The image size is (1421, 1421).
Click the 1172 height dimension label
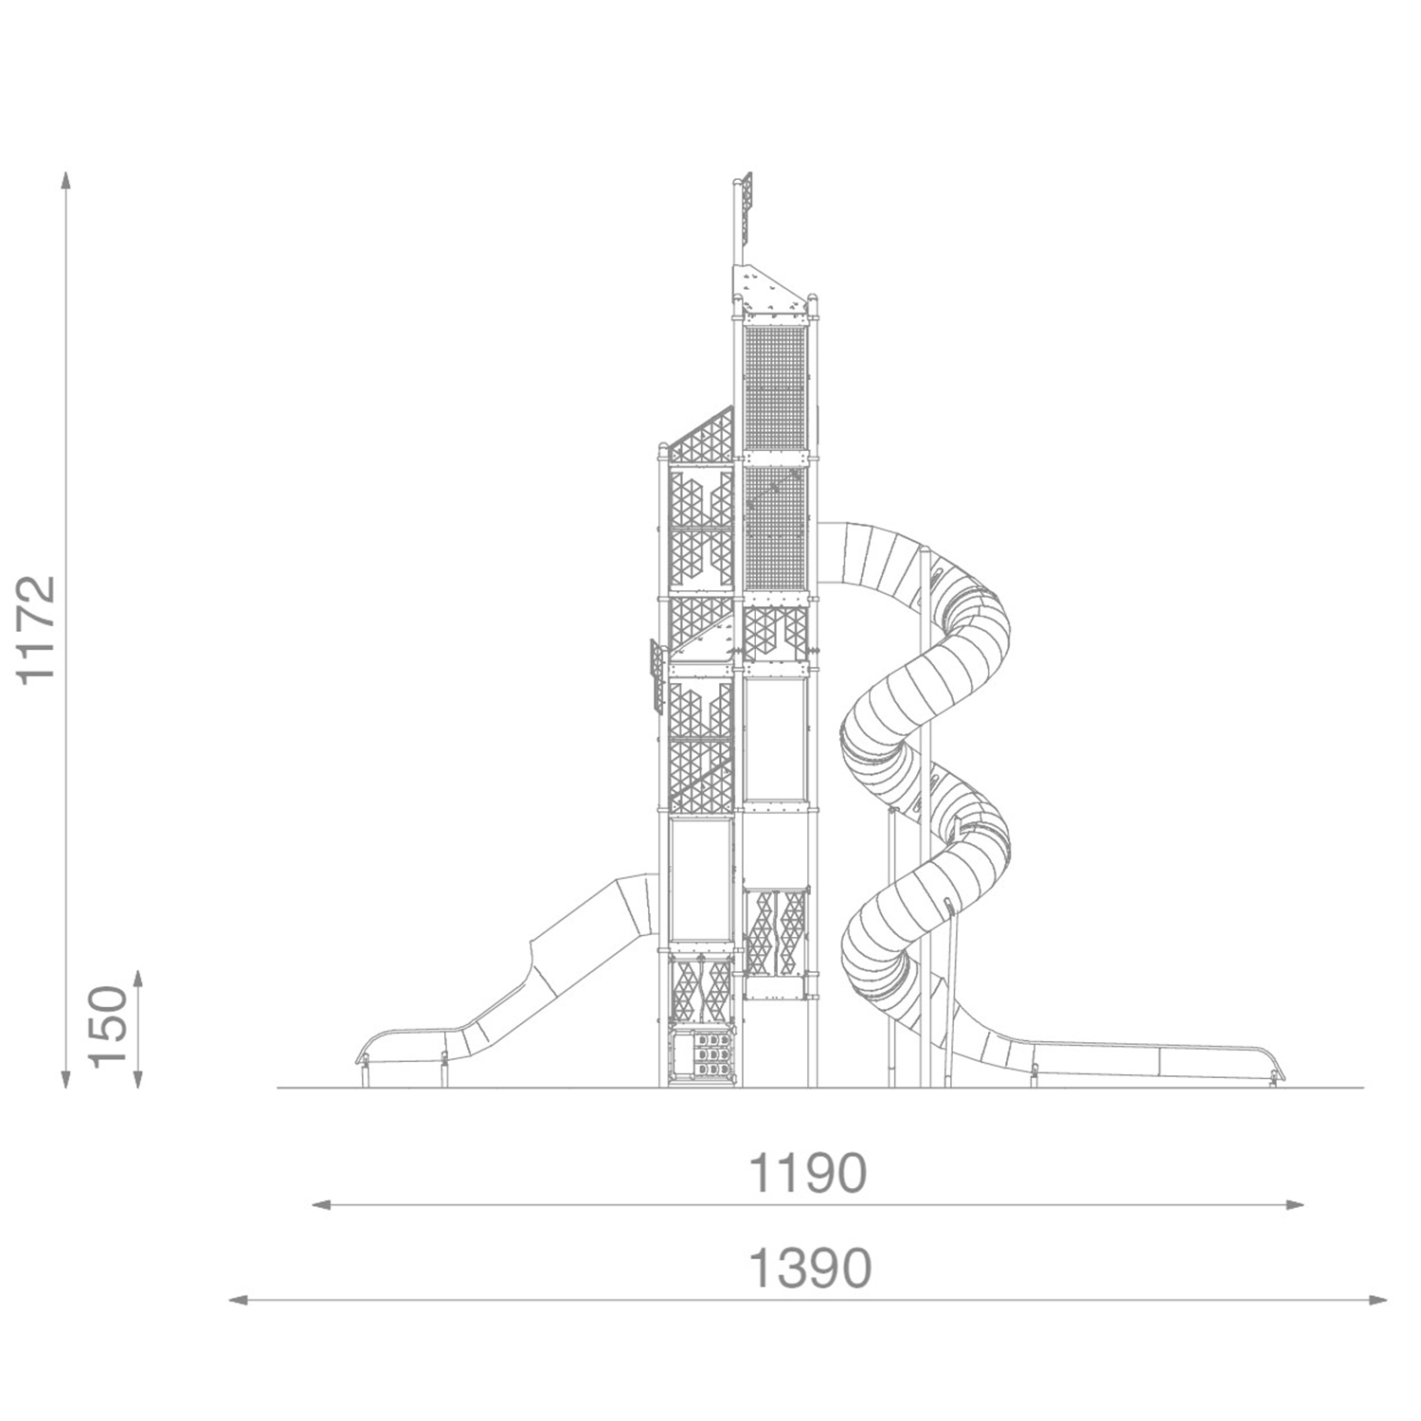click(39, 630)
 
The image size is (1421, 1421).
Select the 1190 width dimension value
click(807, 1174)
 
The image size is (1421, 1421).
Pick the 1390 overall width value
click(809, 1268)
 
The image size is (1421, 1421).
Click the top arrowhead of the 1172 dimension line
click(64, 180)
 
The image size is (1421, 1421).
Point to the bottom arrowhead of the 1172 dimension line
click(64, 1078)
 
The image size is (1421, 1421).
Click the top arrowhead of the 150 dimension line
click(138, 979)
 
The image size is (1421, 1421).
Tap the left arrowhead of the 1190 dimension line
click(322, 1205)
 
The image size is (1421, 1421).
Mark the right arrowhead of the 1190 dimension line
click(1294, 1205)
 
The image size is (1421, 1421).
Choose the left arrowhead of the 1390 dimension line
click(239, 1300)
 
